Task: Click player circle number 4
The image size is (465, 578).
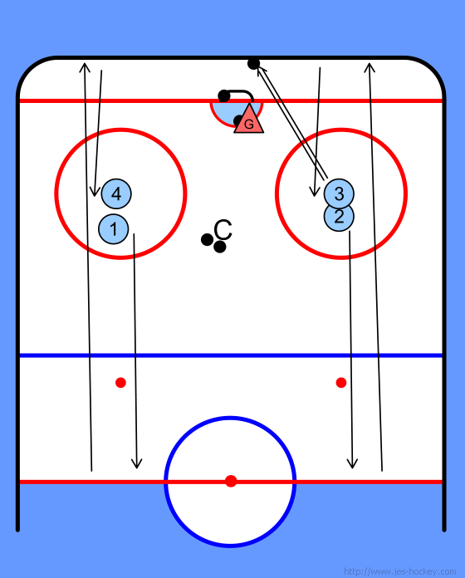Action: click(116, 193)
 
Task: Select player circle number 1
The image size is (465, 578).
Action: click(114, 229)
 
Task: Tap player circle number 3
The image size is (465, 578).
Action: click(339, 193)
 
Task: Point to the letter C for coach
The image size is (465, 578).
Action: click(223, 230)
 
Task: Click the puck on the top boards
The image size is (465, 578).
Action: click(253, 64)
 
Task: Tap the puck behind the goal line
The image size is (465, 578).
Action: click(224, 96)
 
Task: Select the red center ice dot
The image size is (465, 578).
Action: click(231, 481)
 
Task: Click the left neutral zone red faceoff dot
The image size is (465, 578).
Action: click(121, 383)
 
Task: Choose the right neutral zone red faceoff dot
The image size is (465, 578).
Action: click(341, 383)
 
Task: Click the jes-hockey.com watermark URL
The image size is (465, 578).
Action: click(399, 571)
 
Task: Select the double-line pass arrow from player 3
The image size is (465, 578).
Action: click(292, 122)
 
